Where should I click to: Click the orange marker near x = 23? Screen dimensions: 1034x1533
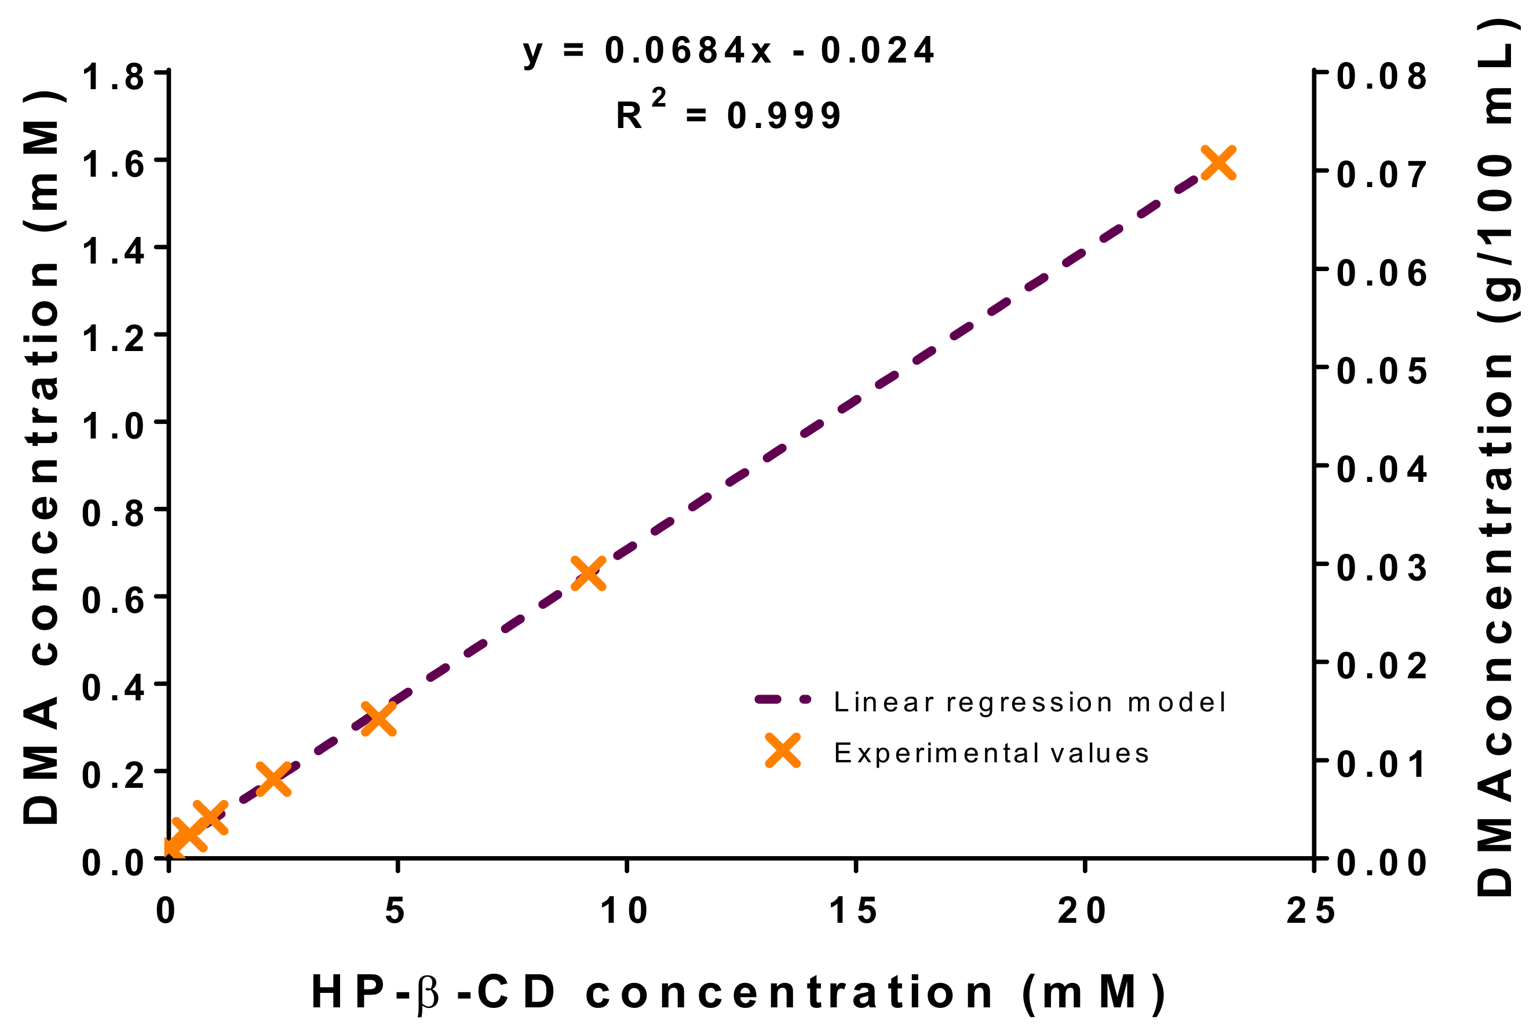pos(1217,162)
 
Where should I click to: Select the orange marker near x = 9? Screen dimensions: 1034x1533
pos(587,573)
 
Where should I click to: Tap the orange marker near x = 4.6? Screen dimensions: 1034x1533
pos(379,718)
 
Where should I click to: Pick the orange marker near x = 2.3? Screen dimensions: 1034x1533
pos(273,780)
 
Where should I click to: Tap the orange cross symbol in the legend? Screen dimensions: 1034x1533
pos(783,750)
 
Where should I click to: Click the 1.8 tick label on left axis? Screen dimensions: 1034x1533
pos(113,77)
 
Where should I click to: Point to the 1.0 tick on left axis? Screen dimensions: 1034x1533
pos(113,426)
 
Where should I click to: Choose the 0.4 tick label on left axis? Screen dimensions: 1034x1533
pos(113,688)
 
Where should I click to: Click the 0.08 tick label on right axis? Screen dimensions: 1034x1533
pos(1381,77)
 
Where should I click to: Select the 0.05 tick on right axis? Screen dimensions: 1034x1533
pos(1381,371)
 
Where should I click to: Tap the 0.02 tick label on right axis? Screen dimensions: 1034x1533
pos(1381,666)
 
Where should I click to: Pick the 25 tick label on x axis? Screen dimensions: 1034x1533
pos(1311,911)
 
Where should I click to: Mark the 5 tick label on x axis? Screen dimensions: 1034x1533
pos(395,911)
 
